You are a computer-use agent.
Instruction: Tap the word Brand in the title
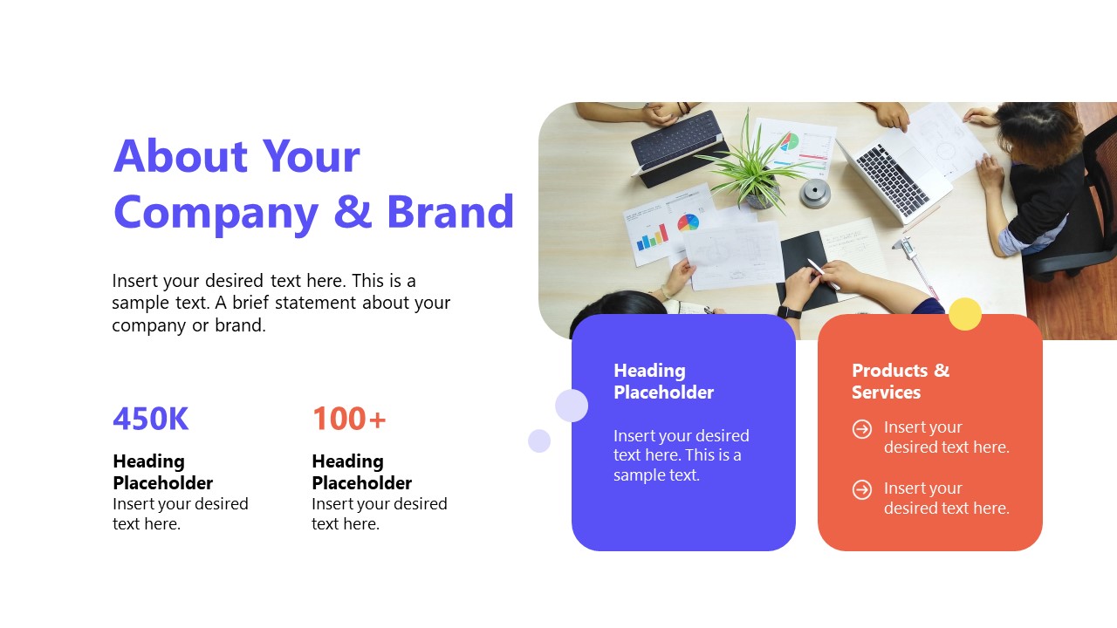click(450, 212)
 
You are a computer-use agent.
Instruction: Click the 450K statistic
click(151, 418)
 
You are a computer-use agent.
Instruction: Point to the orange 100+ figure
click(349, 418)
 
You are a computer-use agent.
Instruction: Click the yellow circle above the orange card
click(965, 314)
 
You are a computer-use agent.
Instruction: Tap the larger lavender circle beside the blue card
click(572, 406)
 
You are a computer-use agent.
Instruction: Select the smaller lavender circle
click(539, 440)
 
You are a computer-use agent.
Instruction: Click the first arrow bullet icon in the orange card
click(861, 428)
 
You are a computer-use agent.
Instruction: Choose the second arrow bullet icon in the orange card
click(861, 489)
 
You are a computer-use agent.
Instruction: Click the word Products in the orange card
click(889, 371)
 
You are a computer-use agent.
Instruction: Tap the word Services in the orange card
click(886, 392)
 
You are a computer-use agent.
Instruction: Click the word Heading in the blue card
click(649, 371)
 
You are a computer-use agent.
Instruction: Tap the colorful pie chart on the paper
click(689, 222)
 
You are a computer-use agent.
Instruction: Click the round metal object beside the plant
click(815, 194)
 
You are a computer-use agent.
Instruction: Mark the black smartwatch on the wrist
click(790, 312)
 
